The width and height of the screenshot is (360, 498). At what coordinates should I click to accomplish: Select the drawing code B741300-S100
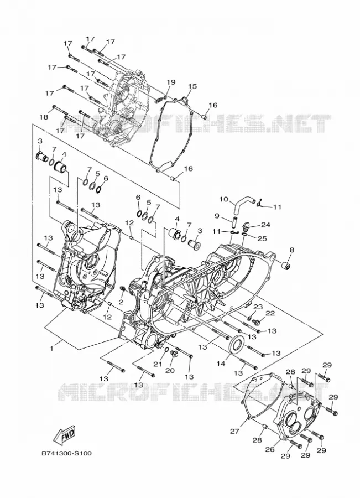pyautogui.click(x=67, y=453)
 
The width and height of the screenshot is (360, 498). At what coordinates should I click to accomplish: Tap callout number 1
pyautogui.click(x=51, y=349)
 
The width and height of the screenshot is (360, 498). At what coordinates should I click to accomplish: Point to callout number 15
pyautogui.click(x=192, y=86)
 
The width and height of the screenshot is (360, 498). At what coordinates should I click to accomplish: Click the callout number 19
pyautogui.click(x=171, y=82)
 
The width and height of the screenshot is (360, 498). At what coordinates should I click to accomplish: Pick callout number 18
pyautogui.click(x=44, y=117)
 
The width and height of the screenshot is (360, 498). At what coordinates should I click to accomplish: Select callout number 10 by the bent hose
pyautogui.click(x=224, y=199)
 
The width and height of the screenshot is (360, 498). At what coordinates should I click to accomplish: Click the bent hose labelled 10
pyautogui.click(x=243, y=205)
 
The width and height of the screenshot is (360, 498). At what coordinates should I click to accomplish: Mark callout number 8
pyautogui.click(x=292, y=250)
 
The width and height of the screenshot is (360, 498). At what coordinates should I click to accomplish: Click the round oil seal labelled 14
pyautogui.click(x=237, y=345)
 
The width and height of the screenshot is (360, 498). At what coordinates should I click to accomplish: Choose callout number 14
pyautogui.click(x=221, y=363)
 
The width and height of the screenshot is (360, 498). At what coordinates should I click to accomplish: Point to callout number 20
pyautogui.click(x=170, y=371)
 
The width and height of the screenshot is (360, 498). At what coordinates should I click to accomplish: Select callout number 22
pyautogui.click(x=270, y=313)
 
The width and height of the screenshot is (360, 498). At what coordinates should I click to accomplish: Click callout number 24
pyautogui.click(x=265, y=225)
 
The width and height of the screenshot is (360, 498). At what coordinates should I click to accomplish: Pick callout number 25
pyautogui.click(x=262, y=238)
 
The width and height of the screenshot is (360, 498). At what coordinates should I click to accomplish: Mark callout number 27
pyautogui.click(x=234, y=431)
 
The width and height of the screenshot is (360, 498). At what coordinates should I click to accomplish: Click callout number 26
pyautogui.click(x=270, y=449)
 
